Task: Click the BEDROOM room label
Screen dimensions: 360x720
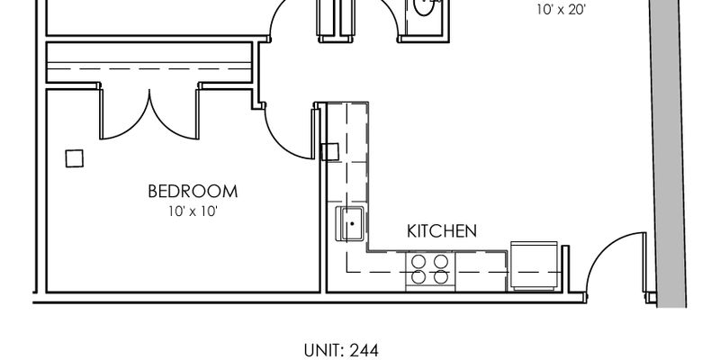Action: pos(193,191)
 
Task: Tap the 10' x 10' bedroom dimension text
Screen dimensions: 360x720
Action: pos(193,211)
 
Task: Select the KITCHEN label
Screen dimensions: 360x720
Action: pos(441,231)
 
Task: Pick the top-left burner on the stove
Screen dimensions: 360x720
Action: pos(418,261)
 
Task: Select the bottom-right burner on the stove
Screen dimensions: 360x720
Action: pos(441,278)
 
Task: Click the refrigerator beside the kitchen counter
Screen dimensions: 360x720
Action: pos(534,265)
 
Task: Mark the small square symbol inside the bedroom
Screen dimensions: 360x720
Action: pos(75,157)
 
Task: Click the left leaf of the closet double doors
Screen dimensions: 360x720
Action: pos(121,115)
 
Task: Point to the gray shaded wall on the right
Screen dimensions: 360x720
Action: pos(670,153)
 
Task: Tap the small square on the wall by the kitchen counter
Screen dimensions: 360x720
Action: pos(329,151)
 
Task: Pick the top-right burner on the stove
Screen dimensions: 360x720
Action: pos(441,261)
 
